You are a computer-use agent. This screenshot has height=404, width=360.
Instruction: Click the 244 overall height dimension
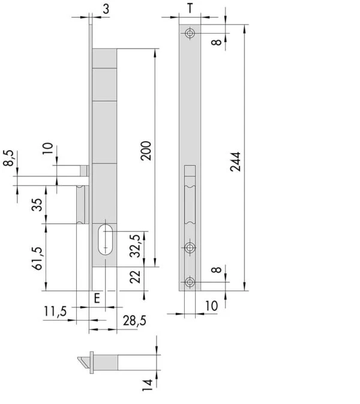[236, 162]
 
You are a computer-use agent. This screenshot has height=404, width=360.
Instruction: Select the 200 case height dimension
[146, 151]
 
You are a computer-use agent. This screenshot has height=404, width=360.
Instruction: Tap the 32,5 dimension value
[135, 246]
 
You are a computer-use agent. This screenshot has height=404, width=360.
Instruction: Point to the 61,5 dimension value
[37, 258]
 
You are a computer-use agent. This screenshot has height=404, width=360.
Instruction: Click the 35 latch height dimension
[37, 205]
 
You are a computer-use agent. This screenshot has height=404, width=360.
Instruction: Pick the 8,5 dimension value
[8, 158]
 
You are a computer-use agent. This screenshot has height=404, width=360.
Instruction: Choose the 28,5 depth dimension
[134, 321]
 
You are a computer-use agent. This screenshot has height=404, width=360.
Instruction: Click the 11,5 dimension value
[55, 311]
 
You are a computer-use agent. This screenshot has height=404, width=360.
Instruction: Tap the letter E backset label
[97, 298]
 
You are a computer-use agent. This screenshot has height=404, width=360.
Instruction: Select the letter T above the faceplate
[190, 8]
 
